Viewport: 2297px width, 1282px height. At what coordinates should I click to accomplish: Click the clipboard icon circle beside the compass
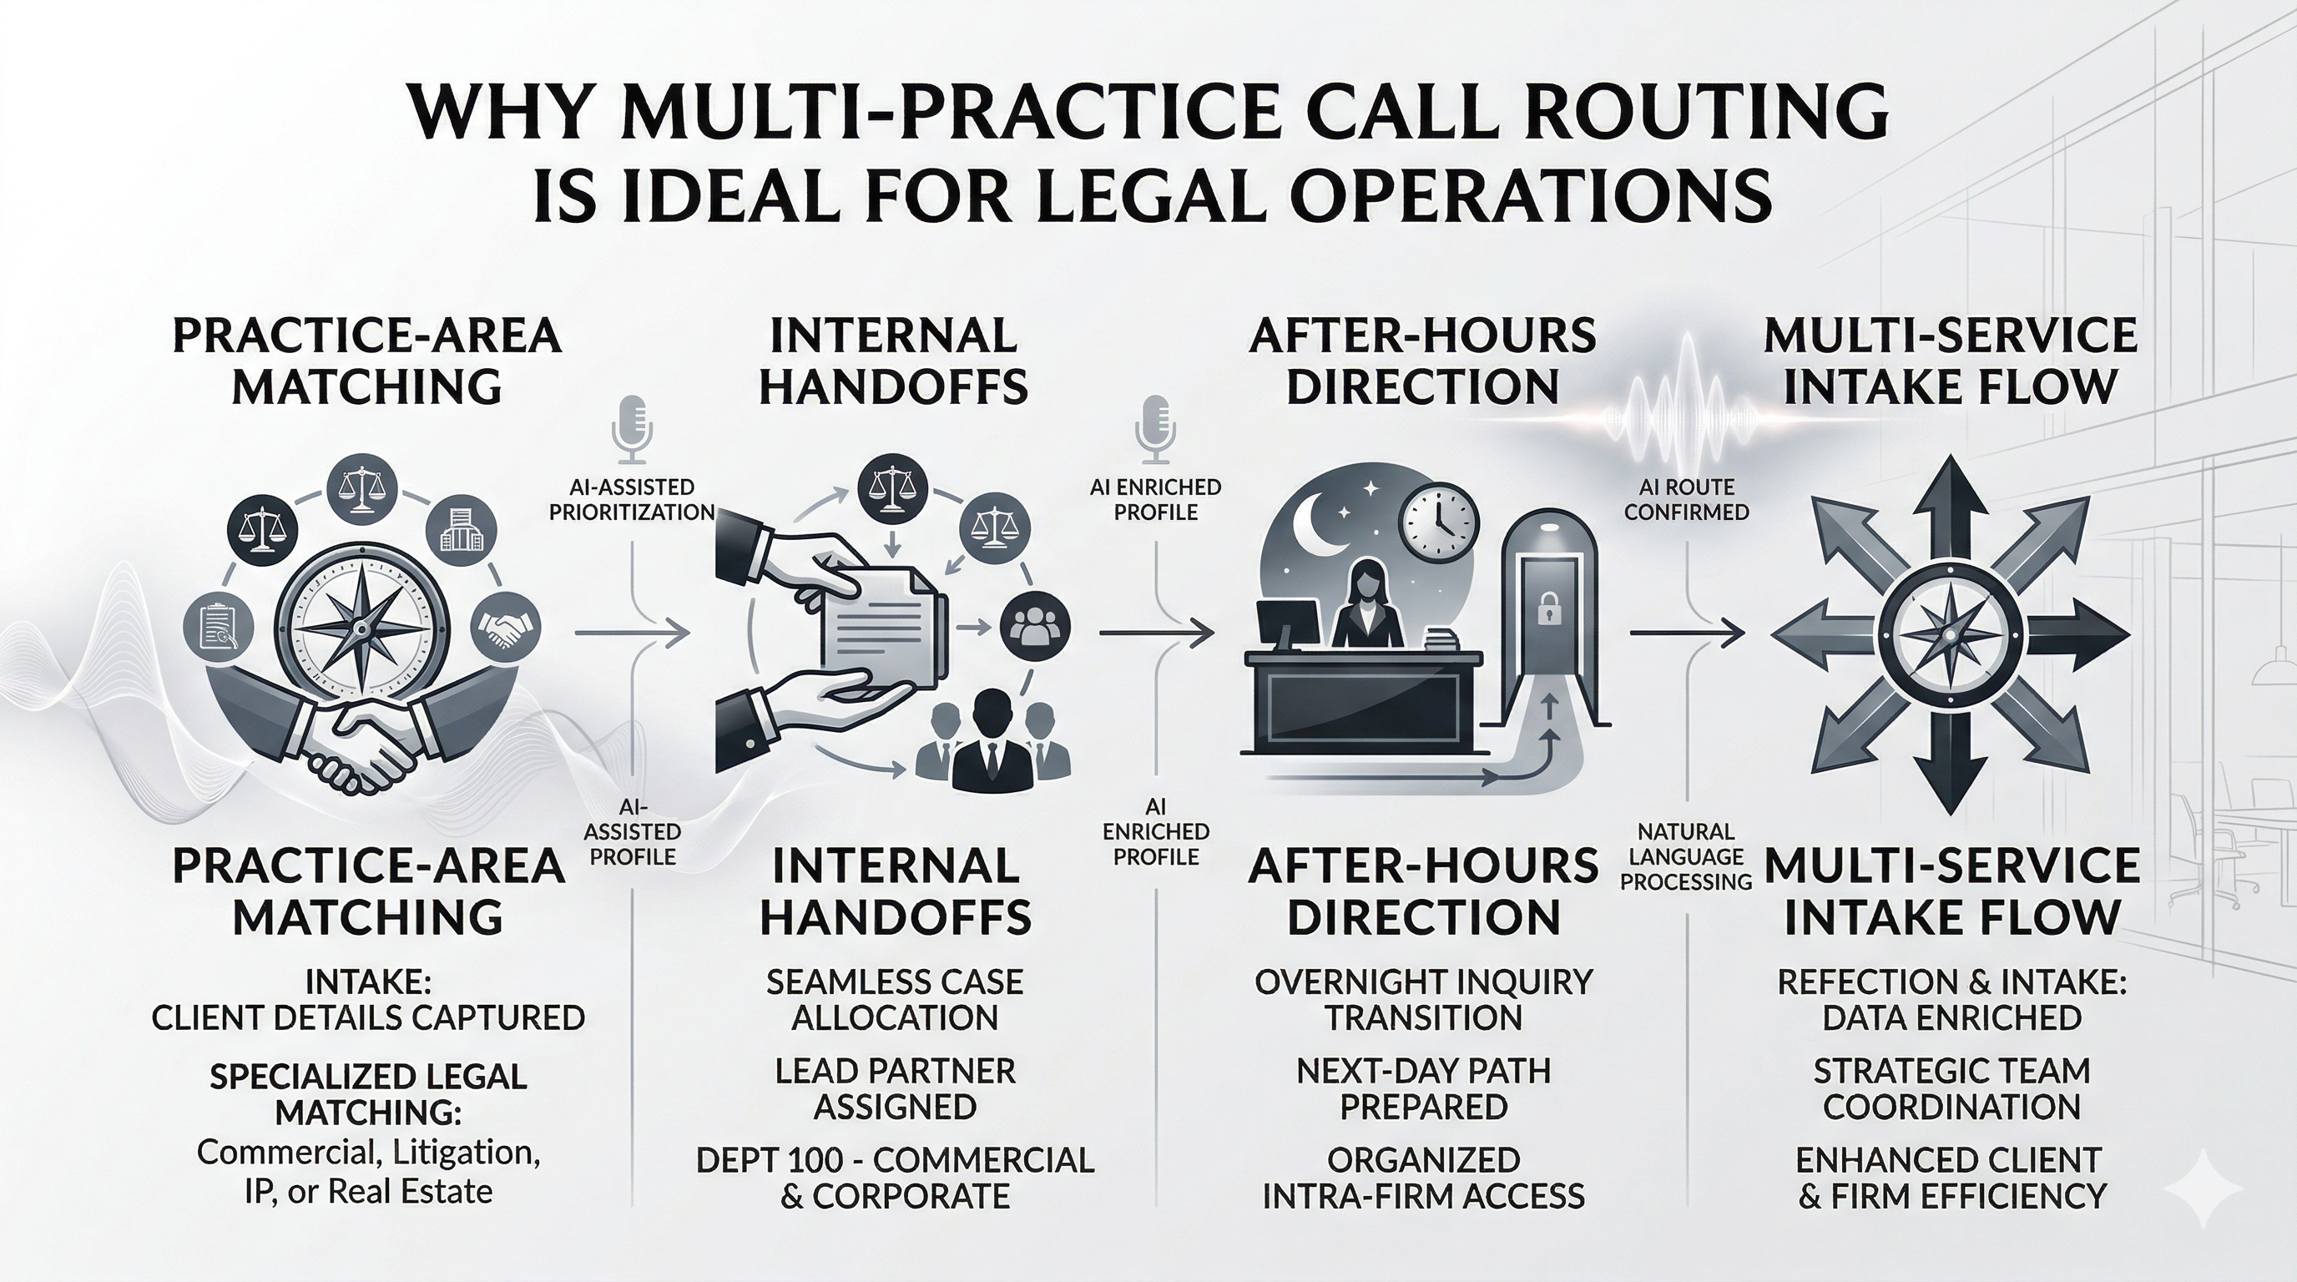pyautogui.click(x=218, y=628)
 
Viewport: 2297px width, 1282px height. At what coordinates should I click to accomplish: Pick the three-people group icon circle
pyautogui.click(x=1034, y=627)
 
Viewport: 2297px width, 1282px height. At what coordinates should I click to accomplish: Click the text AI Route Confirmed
pyautogui.click(x=1686, y=499)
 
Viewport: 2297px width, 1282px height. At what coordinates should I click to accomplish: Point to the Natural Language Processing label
pyautogui.click(x=1686, y=856)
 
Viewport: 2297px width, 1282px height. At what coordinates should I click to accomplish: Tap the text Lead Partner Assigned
pyautogui.click(x=895, y=1088)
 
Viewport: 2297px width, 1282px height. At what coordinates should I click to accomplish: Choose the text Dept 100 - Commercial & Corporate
pyautogui.click(x=895, y=1178)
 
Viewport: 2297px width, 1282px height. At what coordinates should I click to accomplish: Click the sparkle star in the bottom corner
pyautogui.click(x=2203, y=1189)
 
